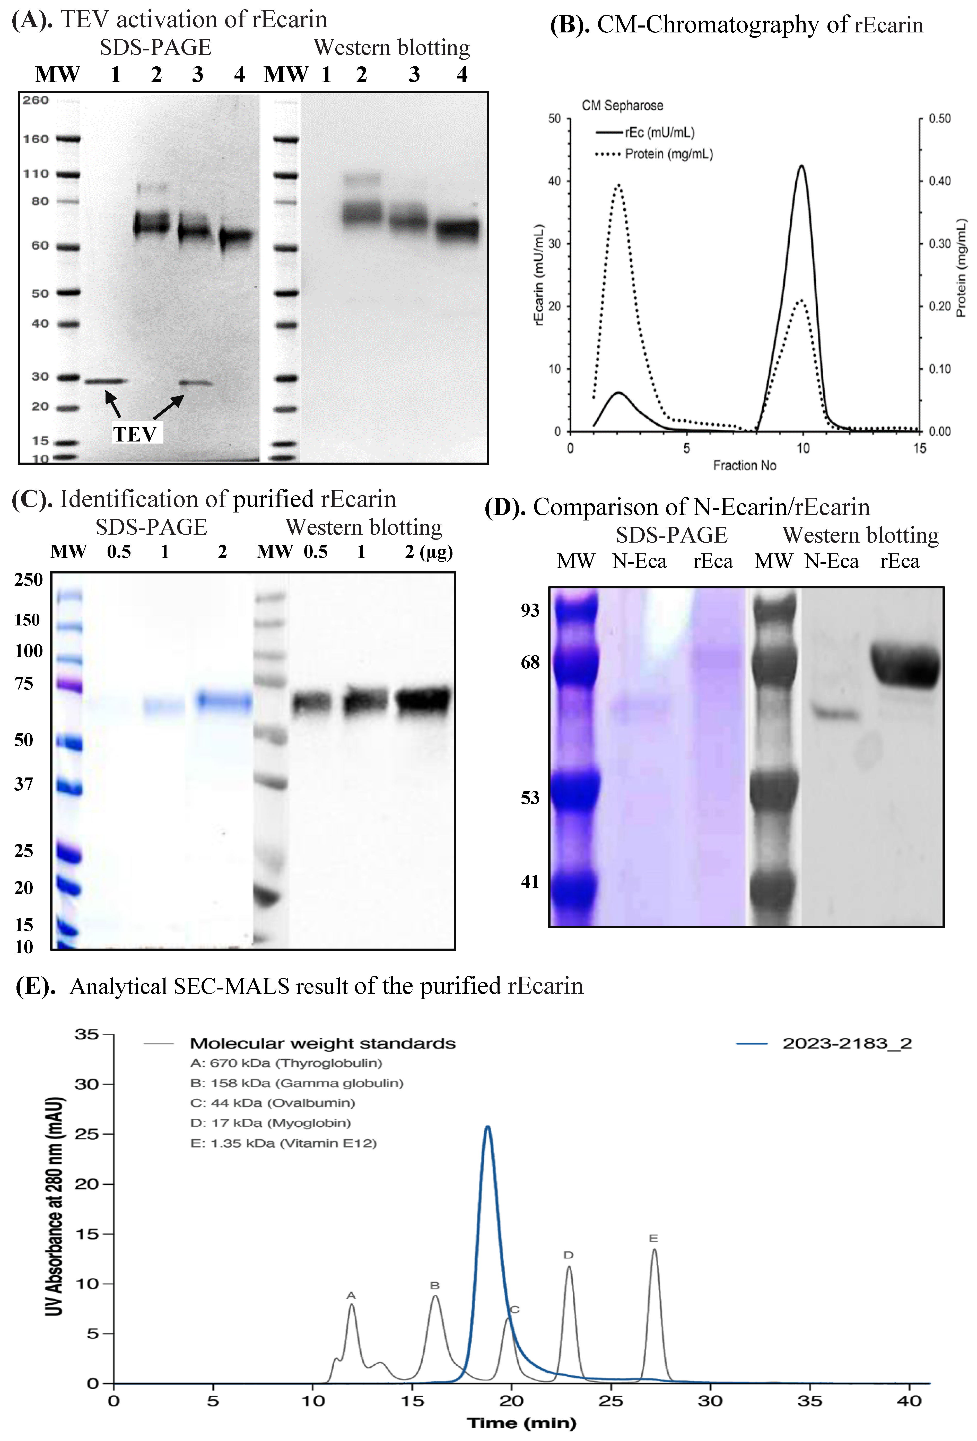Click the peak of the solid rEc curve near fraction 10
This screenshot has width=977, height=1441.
[802, 166]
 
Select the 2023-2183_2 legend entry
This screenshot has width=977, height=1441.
[847, 1044]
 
